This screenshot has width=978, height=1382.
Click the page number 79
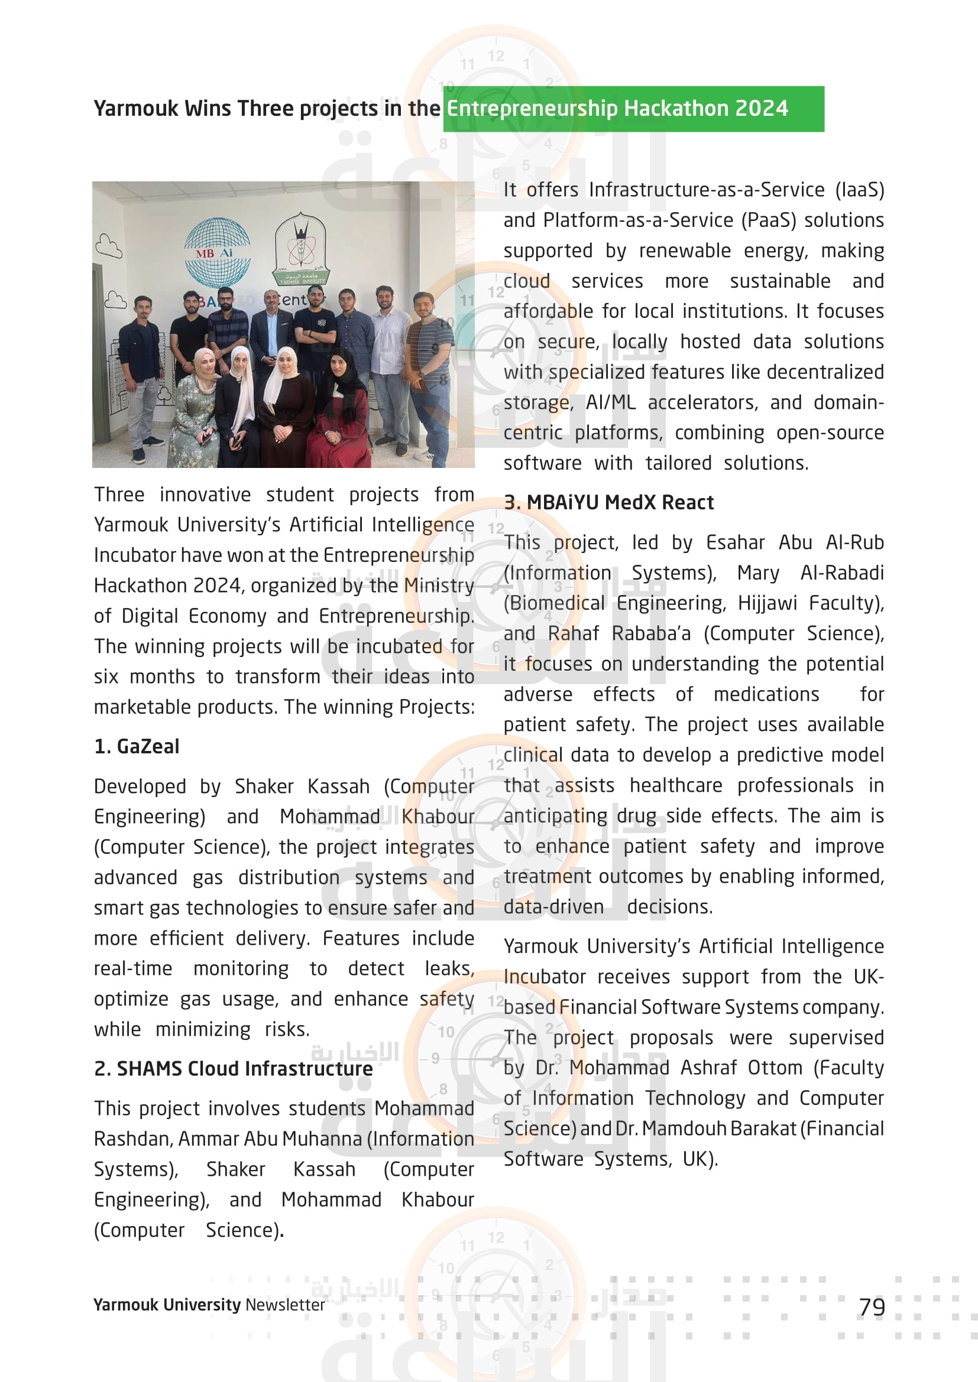[x=872, y=1307]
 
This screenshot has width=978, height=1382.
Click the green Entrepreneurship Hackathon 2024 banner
[x=633, y=109]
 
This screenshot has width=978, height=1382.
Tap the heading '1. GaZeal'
[x=137, y=746]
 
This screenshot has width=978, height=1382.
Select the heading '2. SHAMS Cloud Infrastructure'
[x=234, y=1068]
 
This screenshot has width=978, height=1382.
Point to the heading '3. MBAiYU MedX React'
[x=608, y=502]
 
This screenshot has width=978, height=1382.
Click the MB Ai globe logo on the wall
[x=216, y=252]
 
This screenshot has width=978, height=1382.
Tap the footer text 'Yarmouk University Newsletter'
[x=209, y=1305]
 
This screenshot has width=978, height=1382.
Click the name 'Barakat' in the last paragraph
[x=762, y=1129]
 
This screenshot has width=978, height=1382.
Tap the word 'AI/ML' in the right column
[x=611, y=403]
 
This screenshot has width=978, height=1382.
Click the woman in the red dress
[x=339, y=415]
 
